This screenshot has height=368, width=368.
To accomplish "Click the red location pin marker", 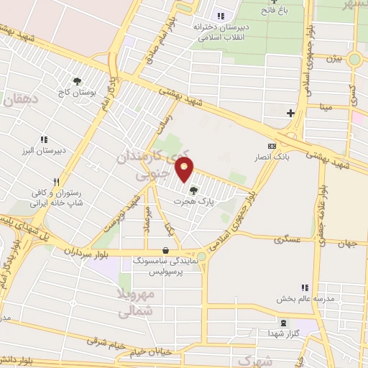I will (185, 170).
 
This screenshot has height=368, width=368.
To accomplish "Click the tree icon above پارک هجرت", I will (193, 190).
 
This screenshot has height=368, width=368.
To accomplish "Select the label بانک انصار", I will (272, 155).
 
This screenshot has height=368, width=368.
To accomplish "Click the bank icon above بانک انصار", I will (272, 144).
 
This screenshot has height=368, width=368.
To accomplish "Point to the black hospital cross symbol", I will (290, 113).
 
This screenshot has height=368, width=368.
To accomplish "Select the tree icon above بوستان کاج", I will (78, 82).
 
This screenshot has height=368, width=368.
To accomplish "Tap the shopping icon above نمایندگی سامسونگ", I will (167, 251).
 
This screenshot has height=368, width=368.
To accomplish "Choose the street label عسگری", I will (287, 240).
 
